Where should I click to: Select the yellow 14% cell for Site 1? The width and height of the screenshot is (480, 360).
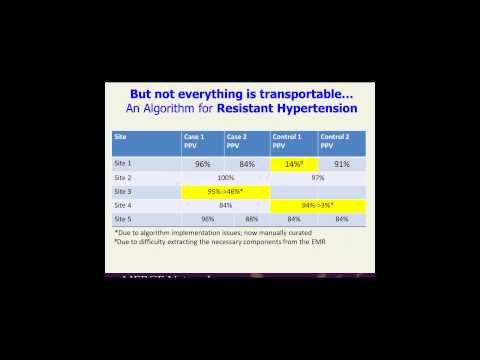coord(294,163)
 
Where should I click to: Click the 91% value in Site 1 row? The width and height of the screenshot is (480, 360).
coord(341,163)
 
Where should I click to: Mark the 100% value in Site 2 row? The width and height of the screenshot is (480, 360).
coord(225,177)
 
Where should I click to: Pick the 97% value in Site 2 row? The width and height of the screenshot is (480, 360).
coord(318,177)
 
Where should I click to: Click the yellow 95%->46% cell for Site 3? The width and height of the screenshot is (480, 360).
coord(225,190)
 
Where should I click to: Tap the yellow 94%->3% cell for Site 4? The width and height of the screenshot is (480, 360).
coord(318,204)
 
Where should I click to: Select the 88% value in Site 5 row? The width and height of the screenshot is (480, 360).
coord(252,218)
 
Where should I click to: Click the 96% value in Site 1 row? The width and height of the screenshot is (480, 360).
coord(203,163)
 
